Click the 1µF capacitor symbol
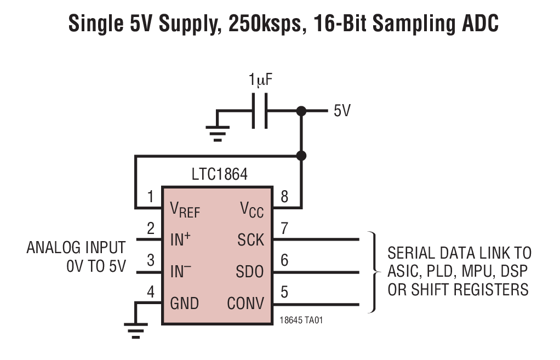pyautogui.click(x=259, y=111)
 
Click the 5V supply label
pyautogui.click(x=342, y=111)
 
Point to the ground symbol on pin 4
pyautogui.click(x=135, y=328)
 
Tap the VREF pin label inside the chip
pyautogui.click(x=185, y=210)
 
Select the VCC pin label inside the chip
pyautogui.click(x=252, y=210)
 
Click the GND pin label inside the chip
pyautogui.click(x=184, y=303)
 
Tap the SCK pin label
pyautogui.click(x=250, y=239)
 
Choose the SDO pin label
pyautogui.click(x=250, y=271)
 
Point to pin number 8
pyautogui.click(x=284, y=197)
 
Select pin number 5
pyautogui.click(x=284, y=292)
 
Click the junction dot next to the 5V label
pyautogui.click(x=300, y=111)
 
